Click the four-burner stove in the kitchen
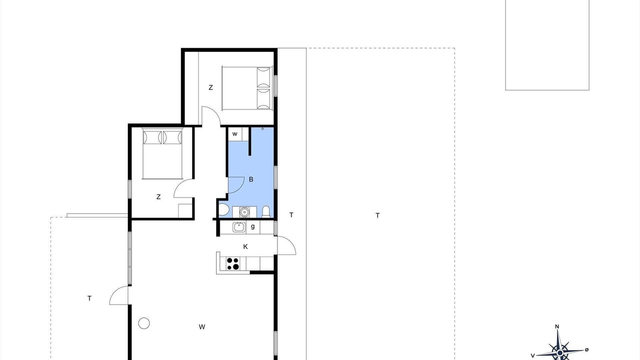coord(233,263)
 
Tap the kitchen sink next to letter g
coord(239,227)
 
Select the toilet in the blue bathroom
coord(266,211)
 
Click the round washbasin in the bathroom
coord(244,212)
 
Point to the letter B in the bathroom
coord(251,179)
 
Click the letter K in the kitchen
coord(245,246)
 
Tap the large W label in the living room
coord(202,327)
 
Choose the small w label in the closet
coord(235,134)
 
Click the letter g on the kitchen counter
coord(253,227)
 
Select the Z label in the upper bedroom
coord(210,87)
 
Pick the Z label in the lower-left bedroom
coord(158,197)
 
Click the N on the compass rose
coord(557,326)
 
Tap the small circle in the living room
coord(144,323)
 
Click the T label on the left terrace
coord(89,298)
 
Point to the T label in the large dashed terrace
coord(377,215)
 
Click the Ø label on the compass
coord(587,349)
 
